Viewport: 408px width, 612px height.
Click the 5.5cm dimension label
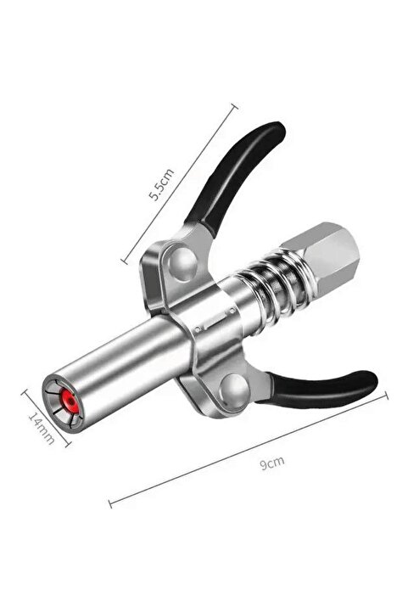click(x=161, y=184)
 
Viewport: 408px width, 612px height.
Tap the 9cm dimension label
click(x=272, y=463)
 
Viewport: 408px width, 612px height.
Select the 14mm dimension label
click(x=42, y=428)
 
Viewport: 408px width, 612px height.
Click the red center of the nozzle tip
click(x=69, y=401)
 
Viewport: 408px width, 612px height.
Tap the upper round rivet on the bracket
click(x=182, y=264)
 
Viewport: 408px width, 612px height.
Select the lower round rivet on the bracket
click(x=234, y=389)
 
